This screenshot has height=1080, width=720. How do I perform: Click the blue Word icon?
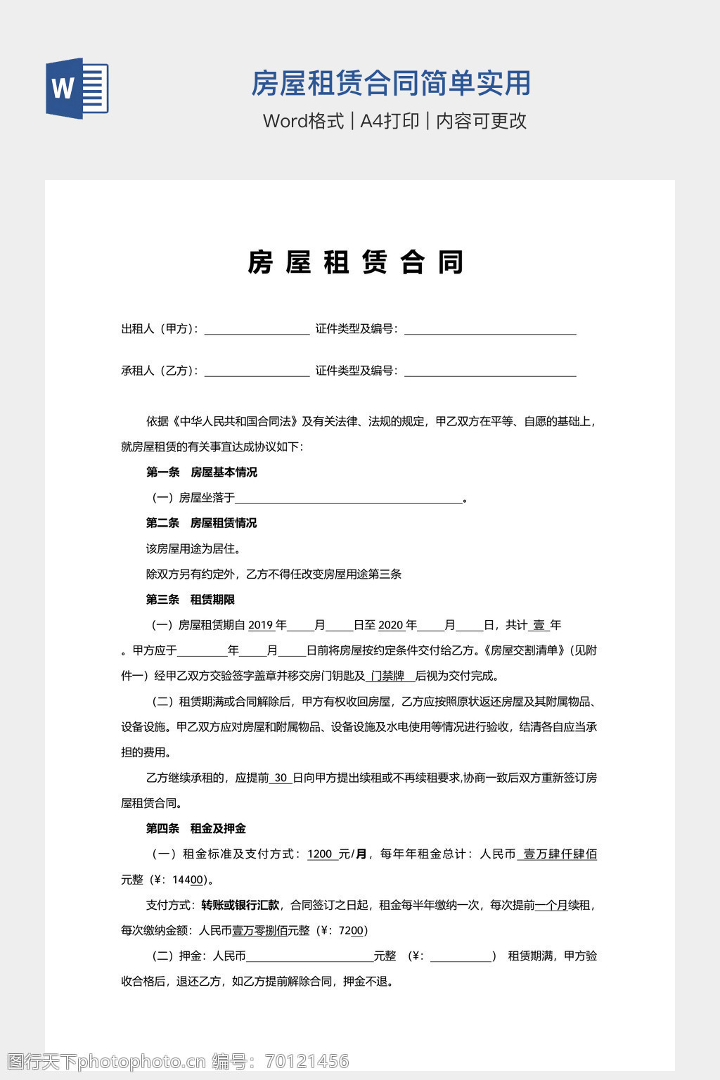[x=77, y=88]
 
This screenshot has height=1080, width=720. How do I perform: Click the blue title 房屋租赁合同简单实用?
[x=390, y=84]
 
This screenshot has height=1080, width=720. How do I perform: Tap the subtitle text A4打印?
[x=390, y=121]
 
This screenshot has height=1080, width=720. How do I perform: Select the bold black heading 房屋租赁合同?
[x=356, y=262]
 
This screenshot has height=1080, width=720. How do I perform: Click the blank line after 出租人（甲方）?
[x=257, y=329]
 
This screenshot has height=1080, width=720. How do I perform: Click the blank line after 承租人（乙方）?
[x=257, y=371]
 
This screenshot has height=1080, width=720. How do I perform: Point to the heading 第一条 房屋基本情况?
[x=201, y=472]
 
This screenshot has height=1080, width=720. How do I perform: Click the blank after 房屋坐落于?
[x=349, y=499]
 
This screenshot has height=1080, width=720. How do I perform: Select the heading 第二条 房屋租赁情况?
[x=201, y=523]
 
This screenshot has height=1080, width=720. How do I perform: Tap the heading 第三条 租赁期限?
[x=190, y=600]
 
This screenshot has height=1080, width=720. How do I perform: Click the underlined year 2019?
[x=260, y=625]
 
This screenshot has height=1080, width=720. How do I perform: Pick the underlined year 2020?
[x=390, y=625]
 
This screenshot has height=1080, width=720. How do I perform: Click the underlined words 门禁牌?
[x=387, y=676]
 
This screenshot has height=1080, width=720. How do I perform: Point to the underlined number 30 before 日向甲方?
[x=281, y=778]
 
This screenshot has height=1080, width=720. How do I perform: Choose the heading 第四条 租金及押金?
[x=195, y=829]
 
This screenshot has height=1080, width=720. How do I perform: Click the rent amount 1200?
[x=320, y=854]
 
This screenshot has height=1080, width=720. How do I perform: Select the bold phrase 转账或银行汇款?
[x=240, y=905]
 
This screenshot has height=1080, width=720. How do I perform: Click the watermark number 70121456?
[x=306, y=1061]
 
